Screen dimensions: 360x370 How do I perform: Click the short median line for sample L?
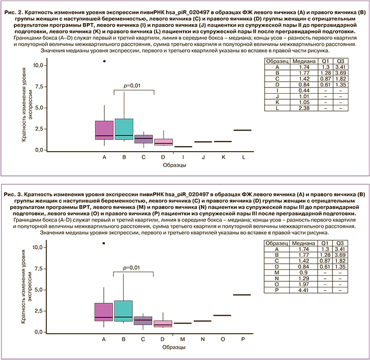coord(242,130)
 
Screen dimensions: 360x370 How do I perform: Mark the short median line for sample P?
coord(242,295)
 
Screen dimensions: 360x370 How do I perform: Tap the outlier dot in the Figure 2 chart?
coord(104,61)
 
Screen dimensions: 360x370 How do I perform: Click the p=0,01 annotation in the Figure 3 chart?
coord(133,267)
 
